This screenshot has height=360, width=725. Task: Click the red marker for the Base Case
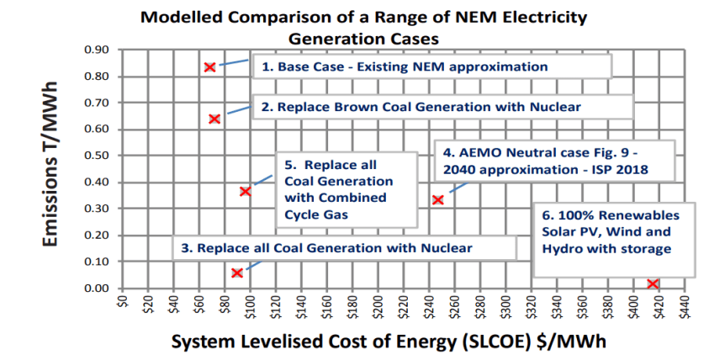click(x=209, y=66)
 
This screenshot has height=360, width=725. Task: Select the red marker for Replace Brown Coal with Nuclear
click(x=214, y=119)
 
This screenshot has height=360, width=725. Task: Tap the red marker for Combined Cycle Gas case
click(x=246, y=192)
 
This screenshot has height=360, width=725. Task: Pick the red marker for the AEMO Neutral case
click(x=438, y=199)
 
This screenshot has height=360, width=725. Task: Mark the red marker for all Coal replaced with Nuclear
click(x=237, y=273)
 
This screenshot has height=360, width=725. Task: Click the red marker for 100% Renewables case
click(x=653, y=284)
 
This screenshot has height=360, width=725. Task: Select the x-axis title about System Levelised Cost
click(x=389, y=342)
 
